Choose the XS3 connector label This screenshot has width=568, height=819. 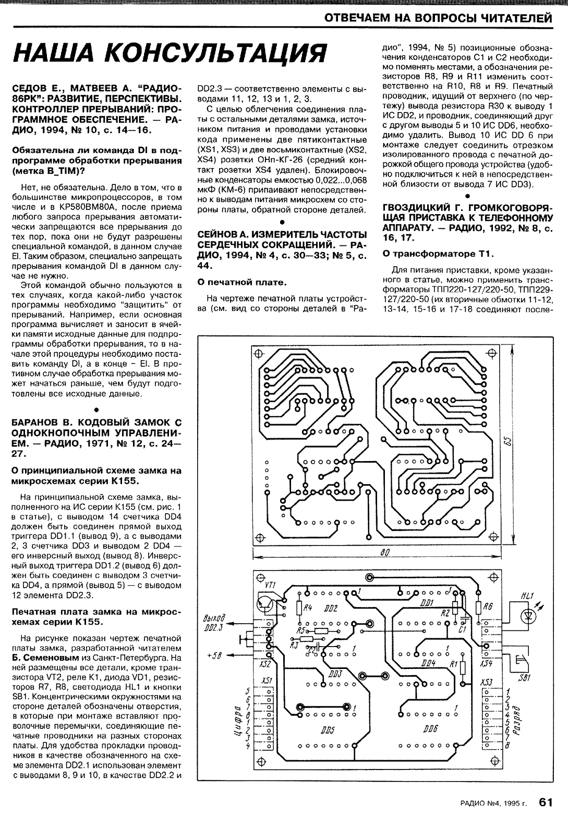click(486, 681)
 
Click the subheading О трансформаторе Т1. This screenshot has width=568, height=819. click(438, 254)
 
